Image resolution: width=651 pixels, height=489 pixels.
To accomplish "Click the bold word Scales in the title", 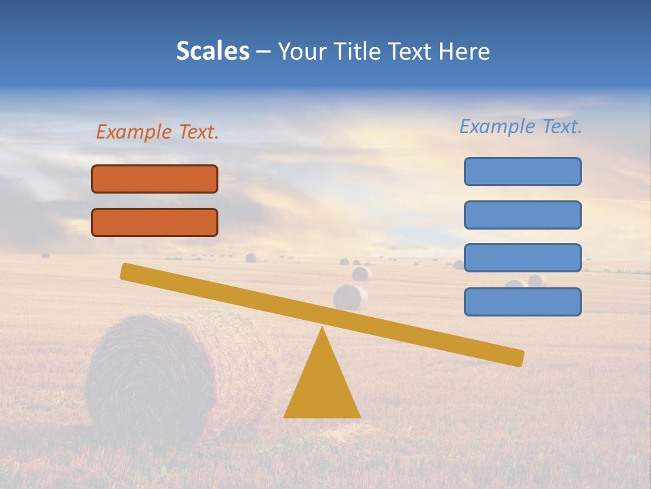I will click(x=212, y=52).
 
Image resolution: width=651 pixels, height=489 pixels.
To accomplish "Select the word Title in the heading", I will click(x=361, y=52).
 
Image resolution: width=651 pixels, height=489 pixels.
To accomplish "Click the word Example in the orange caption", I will click(x=134, y=132).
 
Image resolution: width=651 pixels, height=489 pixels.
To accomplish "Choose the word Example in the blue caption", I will click(x=497, y=126).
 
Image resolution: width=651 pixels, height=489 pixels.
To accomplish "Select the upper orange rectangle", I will click(x=155, y=179).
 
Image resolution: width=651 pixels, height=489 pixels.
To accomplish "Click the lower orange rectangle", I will click(x=155, y=222).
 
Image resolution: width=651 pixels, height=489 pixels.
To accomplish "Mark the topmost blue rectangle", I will click(x=522, y=171).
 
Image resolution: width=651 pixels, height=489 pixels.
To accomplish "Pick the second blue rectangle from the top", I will click(x=522, y=215).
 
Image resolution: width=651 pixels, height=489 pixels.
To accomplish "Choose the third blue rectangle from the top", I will click(x=522, y=258).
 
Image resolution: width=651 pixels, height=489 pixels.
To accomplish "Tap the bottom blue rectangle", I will click(x=522, y=302).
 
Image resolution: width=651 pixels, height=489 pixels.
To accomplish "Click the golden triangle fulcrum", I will click(x=322, y=387).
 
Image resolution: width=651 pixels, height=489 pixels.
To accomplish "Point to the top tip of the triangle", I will click(x=322, y=329).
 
